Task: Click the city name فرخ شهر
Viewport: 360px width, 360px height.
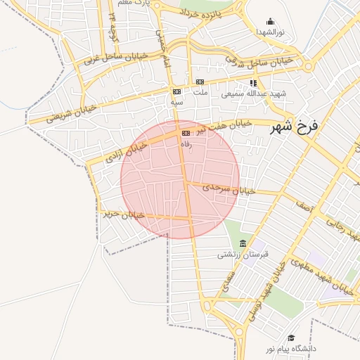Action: point(295,127)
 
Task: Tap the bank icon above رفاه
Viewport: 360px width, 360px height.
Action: point(186,133)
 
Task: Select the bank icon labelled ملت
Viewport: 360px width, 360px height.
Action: point(200,82)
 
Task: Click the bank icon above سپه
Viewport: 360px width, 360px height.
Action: point(176,91)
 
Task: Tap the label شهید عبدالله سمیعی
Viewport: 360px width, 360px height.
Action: point(243,93)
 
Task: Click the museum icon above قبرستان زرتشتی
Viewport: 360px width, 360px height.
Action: point(243,243)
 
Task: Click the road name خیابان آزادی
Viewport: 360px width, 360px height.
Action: point(127,152)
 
